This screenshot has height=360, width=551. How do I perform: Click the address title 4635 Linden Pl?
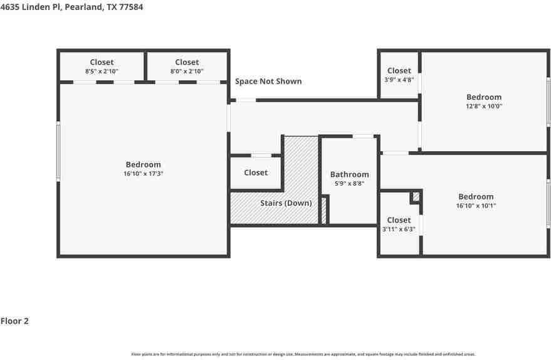(x=67, y=8)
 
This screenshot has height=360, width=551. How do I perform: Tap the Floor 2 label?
(x=14, y=321)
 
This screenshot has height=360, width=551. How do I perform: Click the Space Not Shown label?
(x=268, y=81)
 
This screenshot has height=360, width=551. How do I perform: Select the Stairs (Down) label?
(x=286, y=203)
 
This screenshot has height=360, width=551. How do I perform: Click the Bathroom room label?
(x=349, y=174)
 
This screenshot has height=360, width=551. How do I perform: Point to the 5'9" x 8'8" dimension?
(x=349, y=184)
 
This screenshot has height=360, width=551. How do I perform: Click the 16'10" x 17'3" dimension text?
(x=143, y=174)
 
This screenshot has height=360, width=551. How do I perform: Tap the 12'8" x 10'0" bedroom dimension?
(x=483, y=107)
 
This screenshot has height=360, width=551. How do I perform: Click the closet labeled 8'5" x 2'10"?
(x=102, y=66)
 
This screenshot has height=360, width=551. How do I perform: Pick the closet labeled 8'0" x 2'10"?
(x=187, y=66)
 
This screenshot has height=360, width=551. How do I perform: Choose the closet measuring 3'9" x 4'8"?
(x=399, y=75)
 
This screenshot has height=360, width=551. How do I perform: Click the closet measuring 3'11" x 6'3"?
(x=399, y=225)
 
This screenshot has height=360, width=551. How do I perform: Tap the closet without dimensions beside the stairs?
(x=255, y=172)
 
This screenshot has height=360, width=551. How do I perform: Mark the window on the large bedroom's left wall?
(x=58, y=152)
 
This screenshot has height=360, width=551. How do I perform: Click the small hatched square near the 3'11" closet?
(x=416, y=196)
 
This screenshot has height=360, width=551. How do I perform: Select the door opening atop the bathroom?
(x=362, y=136)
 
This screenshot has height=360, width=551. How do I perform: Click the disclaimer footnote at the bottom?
(x=303, y=354)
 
